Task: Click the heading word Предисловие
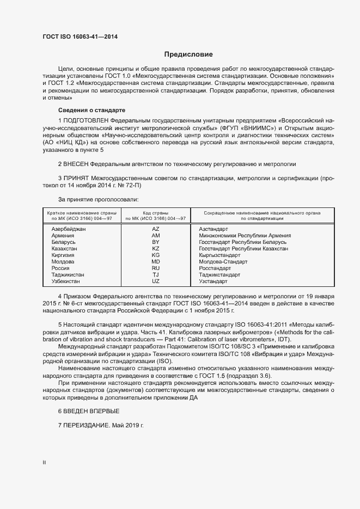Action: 188,54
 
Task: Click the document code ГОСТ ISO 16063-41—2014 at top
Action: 80,37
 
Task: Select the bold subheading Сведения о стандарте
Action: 84,110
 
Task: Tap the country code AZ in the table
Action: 156,229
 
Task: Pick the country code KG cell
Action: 156,255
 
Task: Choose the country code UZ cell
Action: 156,281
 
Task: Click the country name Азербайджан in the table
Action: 69,229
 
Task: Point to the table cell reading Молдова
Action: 63,261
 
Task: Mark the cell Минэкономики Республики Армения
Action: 245,236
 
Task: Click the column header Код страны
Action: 155,213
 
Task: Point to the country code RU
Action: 156,268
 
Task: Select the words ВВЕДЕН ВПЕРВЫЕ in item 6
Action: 91,410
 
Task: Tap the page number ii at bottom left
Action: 44,462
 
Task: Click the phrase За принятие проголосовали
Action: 94,199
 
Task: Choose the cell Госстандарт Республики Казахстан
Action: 243,248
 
